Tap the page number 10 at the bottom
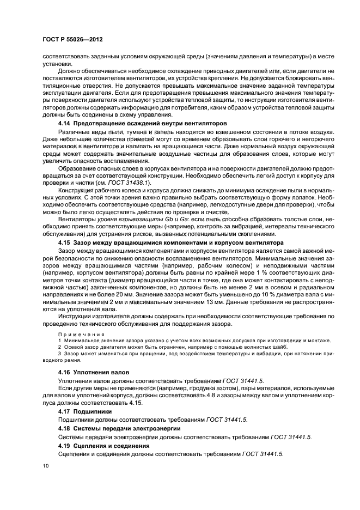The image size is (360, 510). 45,466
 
